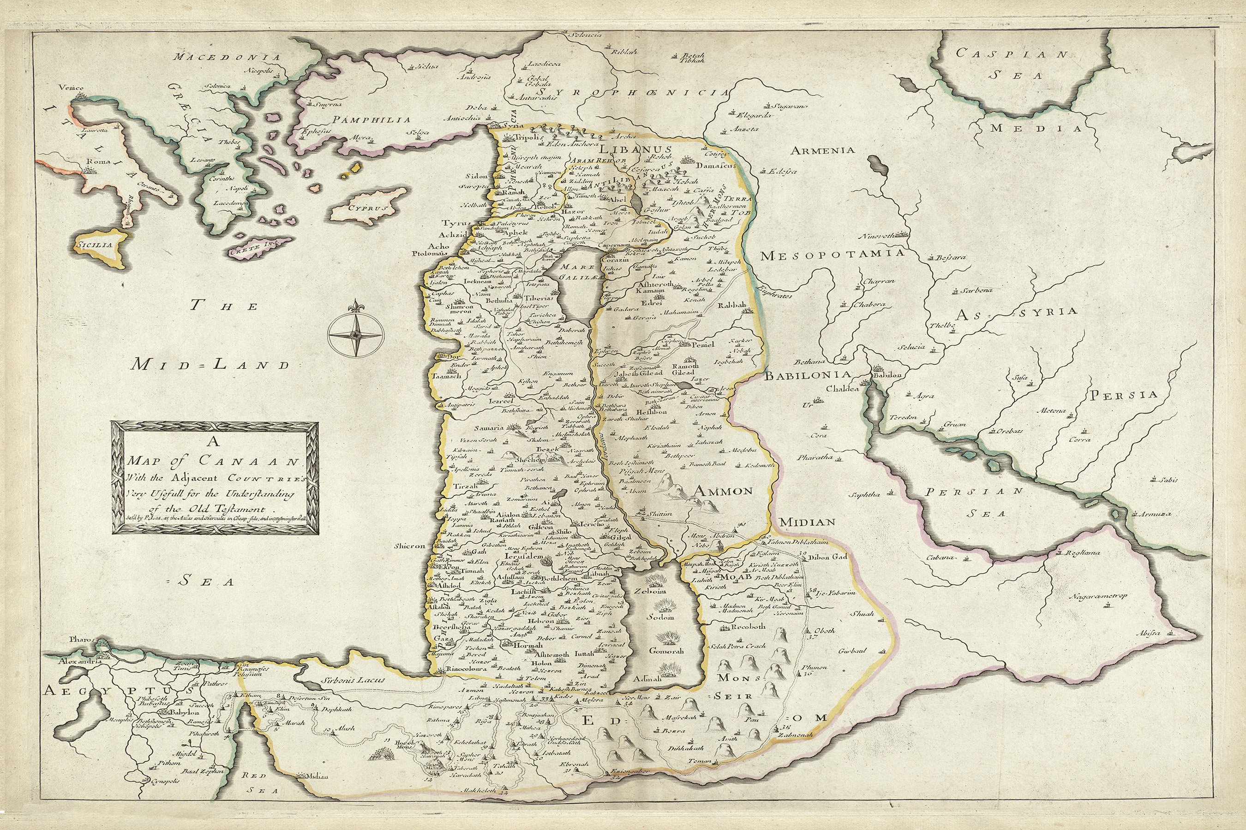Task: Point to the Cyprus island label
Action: tap(369, 208)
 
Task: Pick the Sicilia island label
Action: tap(94, 245)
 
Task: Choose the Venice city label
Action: tap(72, 89)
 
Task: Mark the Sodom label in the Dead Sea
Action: tap(660, 617)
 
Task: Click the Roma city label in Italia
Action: tap(100, 162)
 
